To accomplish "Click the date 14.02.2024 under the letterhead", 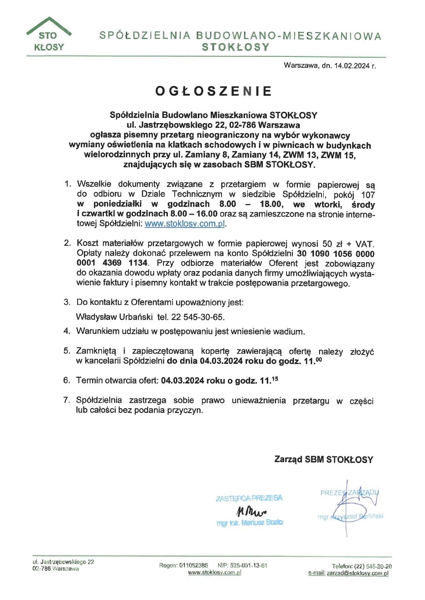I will (352, 66).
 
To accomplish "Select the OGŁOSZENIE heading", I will (213, 91).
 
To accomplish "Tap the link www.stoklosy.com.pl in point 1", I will (185, 224).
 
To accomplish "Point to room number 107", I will (368, 195).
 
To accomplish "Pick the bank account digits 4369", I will (112, 263).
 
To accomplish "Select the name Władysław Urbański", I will (114, 317).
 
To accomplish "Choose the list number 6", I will (67, 380).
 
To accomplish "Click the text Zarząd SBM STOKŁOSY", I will (324, 459).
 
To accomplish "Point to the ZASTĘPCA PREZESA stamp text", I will (249, 498).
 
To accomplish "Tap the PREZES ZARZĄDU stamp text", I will (349, 493).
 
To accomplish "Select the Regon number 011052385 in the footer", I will (193, 565).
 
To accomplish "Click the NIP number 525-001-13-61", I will (249, 565).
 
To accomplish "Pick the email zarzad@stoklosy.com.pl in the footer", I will (357, 574).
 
